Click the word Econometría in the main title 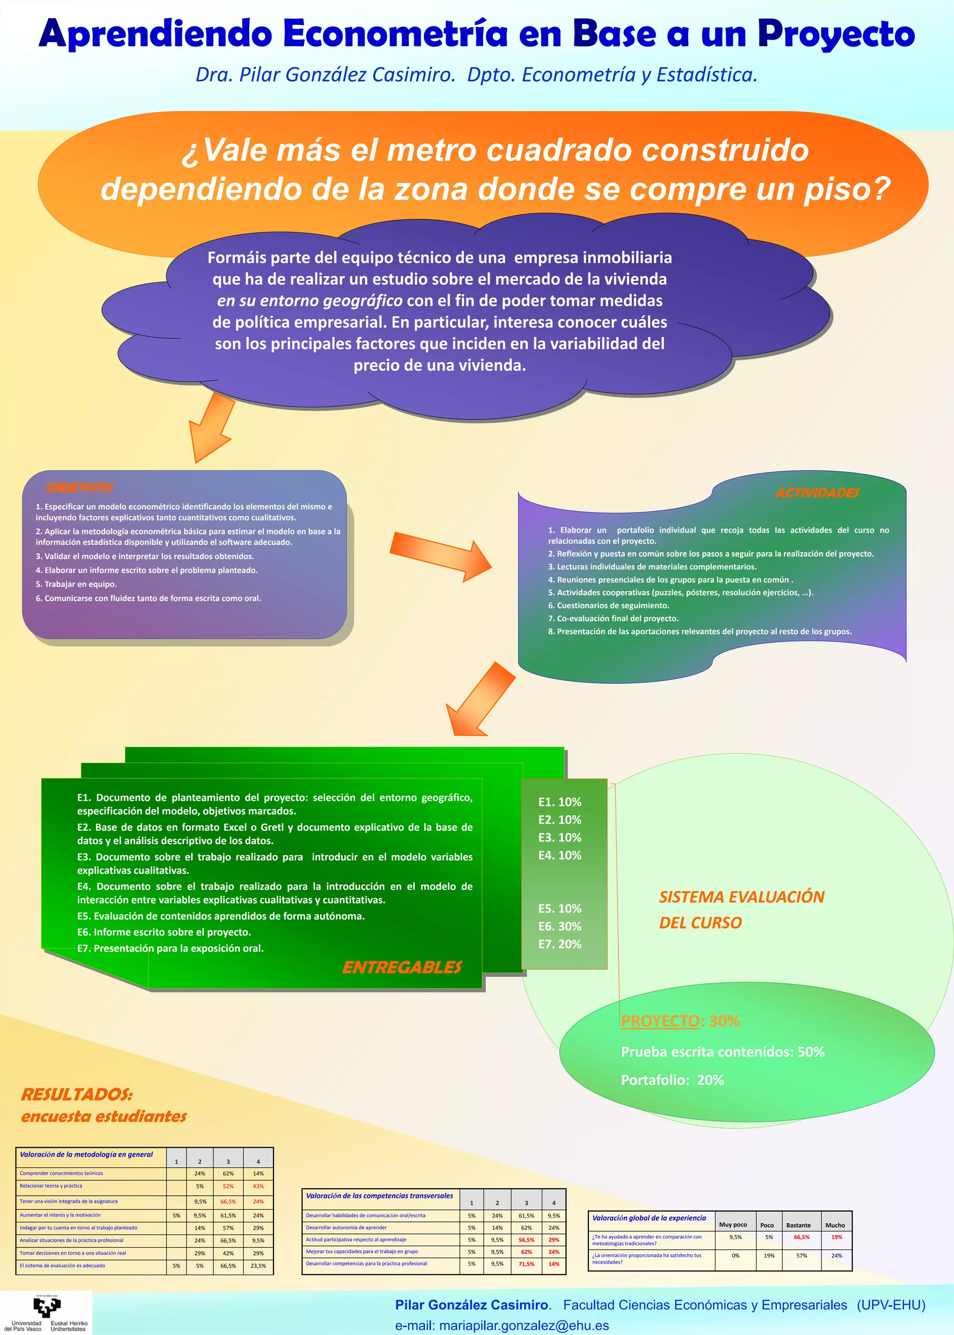pyautogui.click(x=395, y=34)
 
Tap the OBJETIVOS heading pyautogui.click(x=80, y=487)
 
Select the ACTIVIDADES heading pyautogui.click(x=817, y=493)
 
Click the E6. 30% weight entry pyautogui.click(x=559, y=926)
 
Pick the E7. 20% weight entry pyautogui.click(x=559, y=943)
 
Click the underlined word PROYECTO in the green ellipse pyautogui.click(x=660, y=1021)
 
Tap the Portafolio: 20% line pyautogui.click(x=672, y=1080)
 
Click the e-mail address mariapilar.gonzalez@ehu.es pyautogui.click(x=524, y=1325)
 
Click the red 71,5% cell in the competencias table pyautogui.click(x=526, y=1264)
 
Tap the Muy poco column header pyautogui.click(x=733, y=1225)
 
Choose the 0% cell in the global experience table pyautogui.click(x=735, y=1256)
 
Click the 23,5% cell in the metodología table pyautogui.click(x=258, y=1266)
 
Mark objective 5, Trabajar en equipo pyautogui.click(x=76, y=584)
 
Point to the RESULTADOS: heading pyautogui.click(x=77, y=1095)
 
